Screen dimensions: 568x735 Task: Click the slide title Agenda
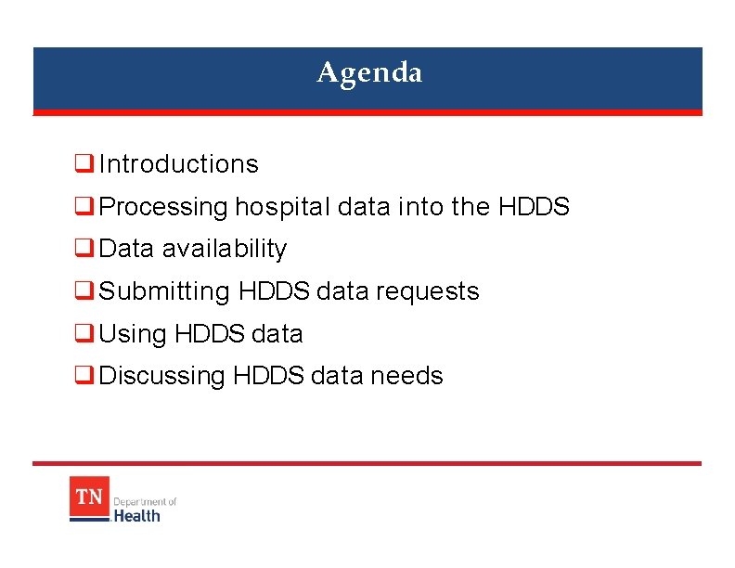pyautogui.click(x=369, y=72)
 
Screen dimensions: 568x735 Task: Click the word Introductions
pyautogui.click(x=178, y=164)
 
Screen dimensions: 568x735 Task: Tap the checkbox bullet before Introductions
pyautogui.click(x=83, y=165)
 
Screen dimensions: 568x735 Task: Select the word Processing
pyautogui.click(x=162, y=207)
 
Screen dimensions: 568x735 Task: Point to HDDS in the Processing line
pyautogui.click(x=534, y=207)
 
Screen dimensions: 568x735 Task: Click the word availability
pyautogui.click(x=224, y=249)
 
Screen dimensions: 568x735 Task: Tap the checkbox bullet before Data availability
pyautogui.click(x=83, y=250)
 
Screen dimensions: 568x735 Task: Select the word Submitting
pyautogui.click(x=164, y=291)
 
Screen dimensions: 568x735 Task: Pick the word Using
pyautogui.click(x=133, y=334)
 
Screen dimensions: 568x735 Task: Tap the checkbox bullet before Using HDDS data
pyautogui.click(x=83, y=334)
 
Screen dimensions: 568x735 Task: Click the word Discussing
pyautogui.click(x=161, y=376)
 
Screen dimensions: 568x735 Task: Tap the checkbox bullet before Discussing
pyautogui.click(x=83, y=377)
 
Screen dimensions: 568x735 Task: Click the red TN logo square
pyautogui.click(x=89, y=497)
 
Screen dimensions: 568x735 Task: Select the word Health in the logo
pyautogui.click(x=136, y=515)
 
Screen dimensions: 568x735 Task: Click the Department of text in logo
pyautogui.click(x=145, y=501)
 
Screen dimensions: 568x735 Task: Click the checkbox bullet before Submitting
pyautogui.click(x=83, y=292)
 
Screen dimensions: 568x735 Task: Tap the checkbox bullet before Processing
pyautogui.click(x=83, y=208)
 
